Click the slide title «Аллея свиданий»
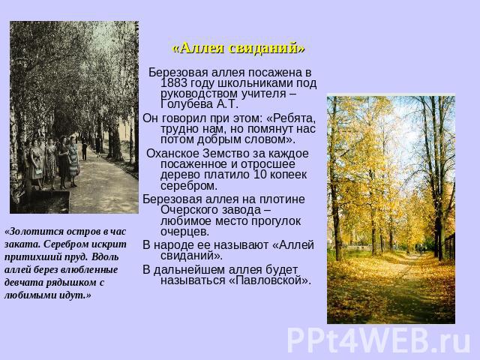pos(238,48)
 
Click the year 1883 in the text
pos(174,83)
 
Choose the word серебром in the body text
pos(189,185)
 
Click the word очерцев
pos(185,232)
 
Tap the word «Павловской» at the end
pos(270,280)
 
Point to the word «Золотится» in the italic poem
pos(28,232)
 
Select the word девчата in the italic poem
pos(24,283)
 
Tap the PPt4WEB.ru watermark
pos(379,340)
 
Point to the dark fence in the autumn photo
pos(449,247)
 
